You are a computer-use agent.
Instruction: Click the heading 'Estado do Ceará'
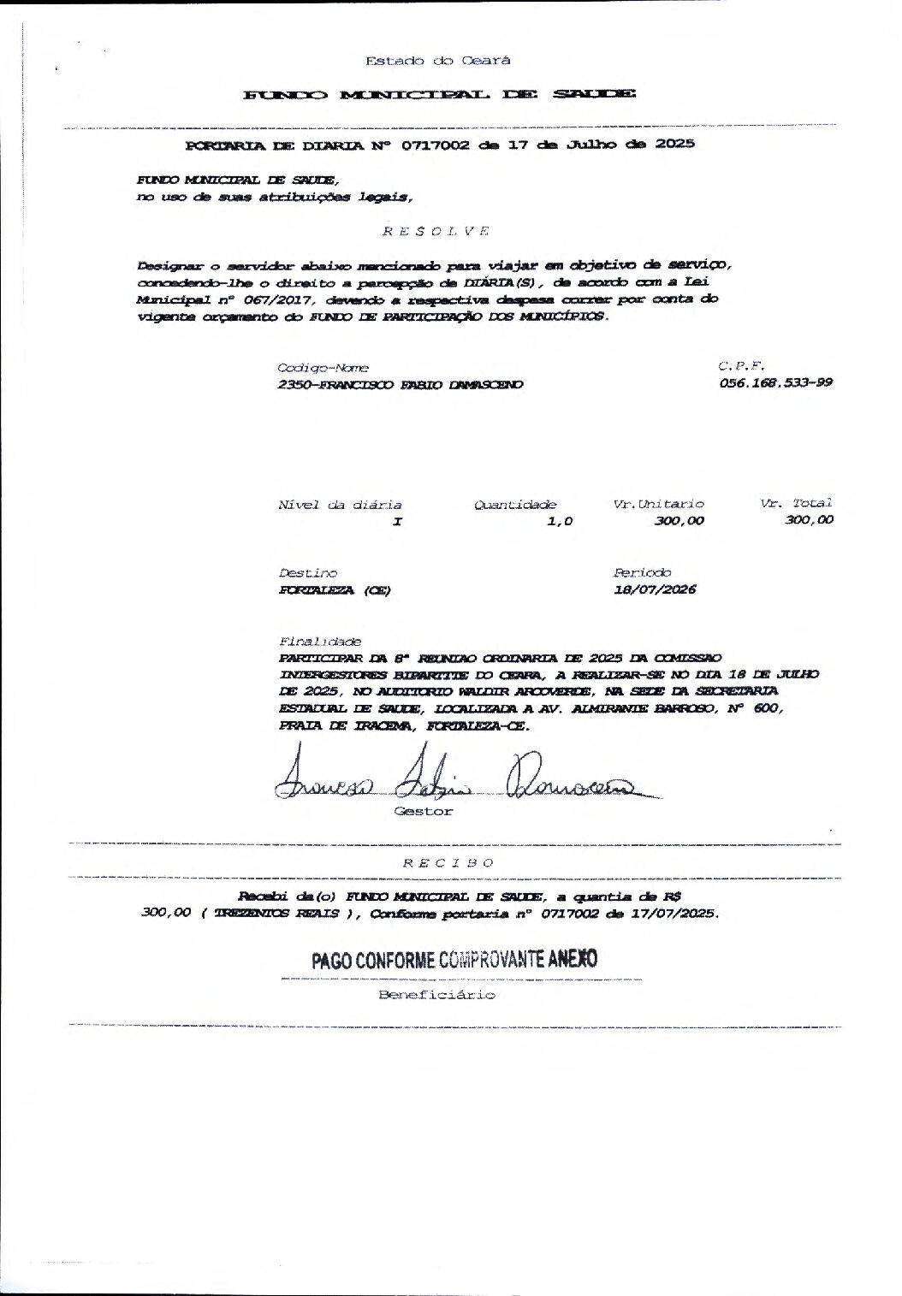[437, 61]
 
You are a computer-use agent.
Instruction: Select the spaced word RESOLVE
[435, 231]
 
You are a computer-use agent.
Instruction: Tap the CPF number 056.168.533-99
[776, 383]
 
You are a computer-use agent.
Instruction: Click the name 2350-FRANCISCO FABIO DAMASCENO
[401, 385]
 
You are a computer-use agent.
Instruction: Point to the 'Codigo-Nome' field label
[311, 367]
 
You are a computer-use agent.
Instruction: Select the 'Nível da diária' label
[340, 505]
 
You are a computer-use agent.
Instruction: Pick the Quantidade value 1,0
[560, 521]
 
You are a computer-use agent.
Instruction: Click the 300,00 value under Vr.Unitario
[679, 520]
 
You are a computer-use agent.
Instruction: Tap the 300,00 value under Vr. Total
[809, 520]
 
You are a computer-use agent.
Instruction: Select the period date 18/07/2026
[655, 589]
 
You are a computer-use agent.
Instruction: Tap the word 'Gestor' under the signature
[423, 811]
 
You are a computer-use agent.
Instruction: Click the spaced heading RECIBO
[448, 862]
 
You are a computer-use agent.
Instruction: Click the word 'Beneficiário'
[436, 995]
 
